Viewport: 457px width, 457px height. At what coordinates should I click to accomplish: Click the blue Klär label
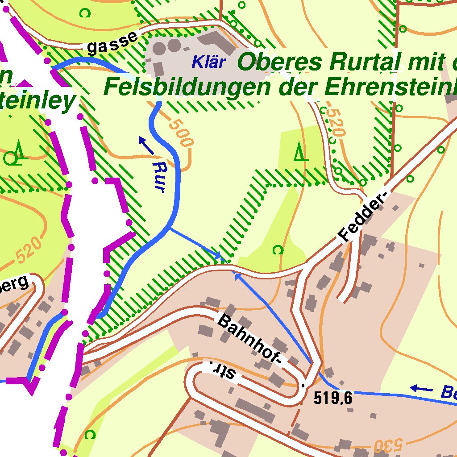(x=208, y=62)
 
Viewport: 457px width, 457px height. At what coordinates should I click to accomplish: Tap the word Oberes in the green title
(x=279, y=62)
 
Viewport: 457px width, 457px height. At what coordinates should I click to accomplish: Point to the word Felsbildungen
(x=187, y=87)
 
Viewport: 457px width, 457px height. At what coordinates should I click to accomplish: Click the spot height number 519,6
(x=333, y=397)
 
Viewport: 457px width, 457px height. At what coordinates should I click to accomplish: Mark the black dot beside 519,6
(x=303, y=385)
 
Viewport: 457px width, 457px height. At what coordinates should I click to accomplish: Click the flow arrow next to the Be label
(x=421, y=389)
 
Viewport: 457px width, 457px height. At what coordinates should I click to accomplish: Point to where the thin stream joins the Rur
(x=170, y=228)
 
